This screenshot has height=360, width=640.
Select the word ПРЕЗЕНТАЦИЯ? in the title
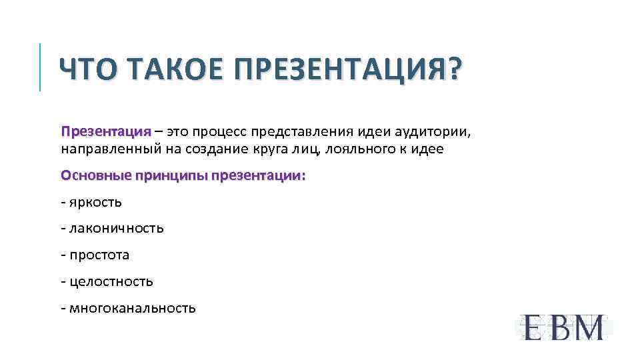coord(347,69)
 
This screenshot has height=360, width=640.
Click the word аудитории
coord(433,131)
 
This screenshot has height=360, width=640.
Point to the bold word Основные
coord(95,176)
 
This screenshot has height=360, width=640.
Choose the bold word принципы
coord(171,176)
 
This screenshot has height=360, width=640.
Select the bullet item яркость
coord(95,202)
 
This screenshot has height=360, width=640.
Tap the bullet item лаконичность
coord(115,229)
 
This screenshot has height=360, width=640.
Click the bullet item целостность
coord(110,282)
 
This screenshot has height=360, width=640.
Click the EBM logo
coord(563,327)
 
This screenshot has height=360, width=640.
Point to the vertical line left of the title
coord(40,67)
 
